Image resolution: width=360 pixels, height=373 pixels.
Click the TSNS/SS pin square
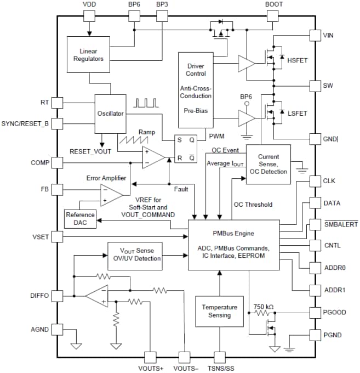220,357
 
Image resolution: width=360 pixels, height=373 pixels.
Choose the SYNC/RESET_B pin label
25,123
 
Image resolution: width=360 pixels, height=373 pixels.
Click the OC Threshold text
253,205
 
